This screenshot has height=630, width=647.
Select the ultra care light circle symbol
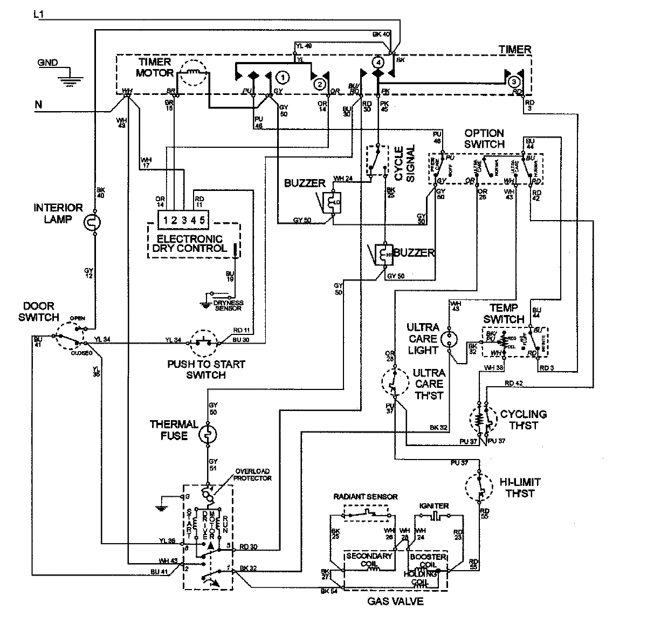click(449, 339)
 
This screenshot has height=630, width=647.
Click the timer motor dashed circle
click(193, 74)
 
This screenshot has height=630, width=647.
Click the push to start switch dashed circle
click(204, 341)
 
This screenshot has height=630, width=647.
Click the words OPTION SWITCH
click(484, 139)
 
